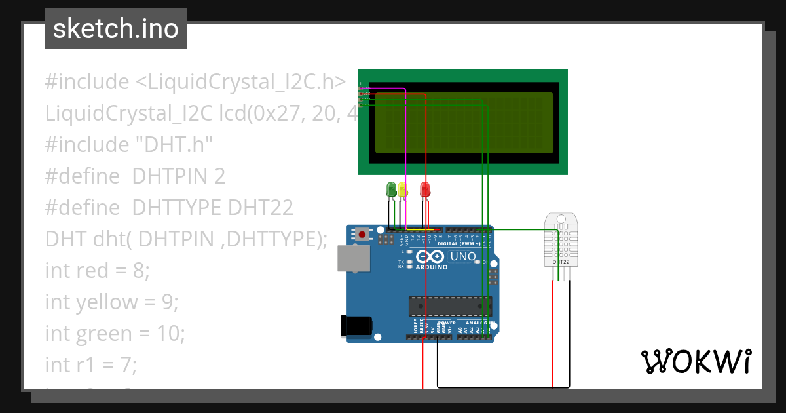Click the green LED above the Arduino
tap(392, 189)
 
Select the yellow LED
tap(402, 189)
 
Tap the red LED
tap(425, 189)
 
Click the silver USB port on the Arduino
tap(354, 258)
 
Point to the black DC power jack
tap(356, 326)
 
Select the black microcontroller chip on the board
tap(450, 306)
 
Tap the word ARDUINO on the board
tap(432, 267)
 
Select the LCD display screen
tap(462, 122)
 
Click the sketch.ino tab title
tap(116, 29)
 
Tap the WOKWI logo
tap(696, 362)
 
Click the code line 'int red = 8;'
tap(97, 270)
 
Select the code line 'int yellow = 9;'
tap(111, 302)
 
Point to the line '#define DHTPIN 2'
tap(135, 176)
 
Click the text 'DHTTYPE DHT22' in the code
tap(212, 207)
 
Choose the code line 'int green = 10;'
tap(115, 333)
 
